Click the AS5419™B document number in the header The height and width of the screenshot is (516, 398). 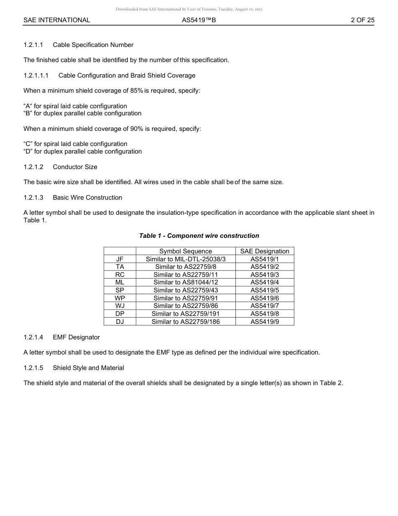click(x=199, y=20)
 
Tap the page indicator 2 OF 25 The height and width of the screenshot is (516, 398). click(x=362, y=20)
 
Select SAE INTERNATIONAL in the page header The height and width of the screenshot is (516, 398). click(x=57, y=20)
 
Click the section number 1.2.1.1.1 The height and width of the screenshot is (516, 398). click(x=36, y=76)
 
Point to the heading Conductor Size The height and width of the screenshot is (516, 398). click(x=75, y=167)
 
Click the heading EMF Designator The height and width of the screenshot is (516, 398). click(x=76, y=337)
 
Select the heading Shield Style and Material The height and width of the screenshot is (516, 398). click(x=88, y=368)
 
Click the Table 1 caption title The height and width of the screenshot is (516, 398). click(x=199, y=236)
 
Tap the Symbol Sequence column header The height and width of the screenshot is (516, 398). click(x=186, y=251)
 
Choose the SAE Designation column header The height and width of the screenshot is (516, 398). click(x=265, y=251)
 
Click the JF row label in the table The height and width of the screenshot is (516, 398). click(x=120, y=259)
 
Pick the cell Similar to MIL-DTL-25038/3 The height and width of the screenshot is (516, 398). click(x=186, y=259)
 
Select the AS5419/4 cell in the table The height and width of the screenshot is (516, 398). click(x=265, y=282)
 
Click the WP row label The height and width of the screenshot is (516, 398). click(x=120, y=298)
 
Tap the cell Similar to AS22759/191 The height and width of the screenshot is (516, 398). click(x=186, y=314)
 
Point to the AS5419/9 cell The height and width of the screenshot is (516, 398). click(x=265, y=322)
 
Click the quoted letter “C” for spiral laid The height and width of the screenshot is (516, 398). click(x=28, y=144)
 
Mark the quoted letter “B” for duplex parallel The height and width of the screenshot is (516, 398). click(x=28, y=113)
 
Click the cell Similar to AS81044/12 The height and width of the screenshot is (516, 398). click(x=186, y=282)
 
